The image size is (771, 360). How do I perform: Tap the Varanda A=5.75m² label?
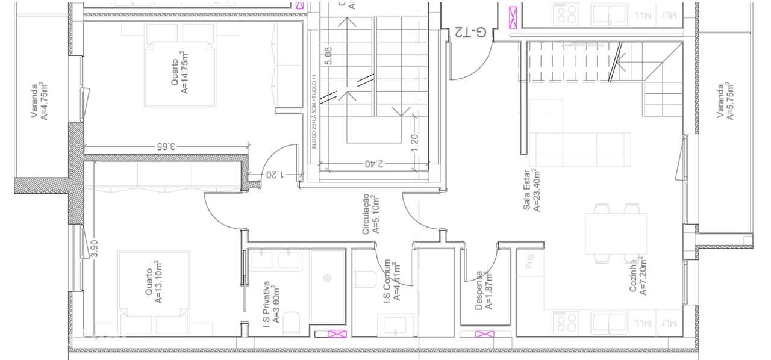tap(724, 101)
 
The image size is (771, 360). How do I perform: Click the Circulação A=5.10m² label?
tap(370, 214)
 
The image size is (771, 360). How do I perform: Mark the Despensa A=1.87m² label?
tap(484, 290)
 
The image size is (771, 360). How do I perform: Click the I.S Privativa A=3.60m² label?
tap(271, 304)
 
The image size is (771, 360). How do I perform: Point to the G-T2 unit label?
tap(472, 33)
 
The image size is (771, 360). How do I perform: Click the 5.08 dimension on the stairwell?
tap(328, 56)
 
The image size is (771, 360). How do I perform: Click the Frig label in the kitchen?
tap(530, 268)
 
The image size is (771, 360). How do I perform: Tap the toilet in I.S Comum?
tap(366, 279)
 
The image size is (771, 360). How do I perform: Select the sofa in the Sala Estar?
tap(581, 149)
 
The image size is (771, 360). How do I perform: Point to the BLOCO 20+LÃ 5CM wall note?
tap(314, 112)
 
